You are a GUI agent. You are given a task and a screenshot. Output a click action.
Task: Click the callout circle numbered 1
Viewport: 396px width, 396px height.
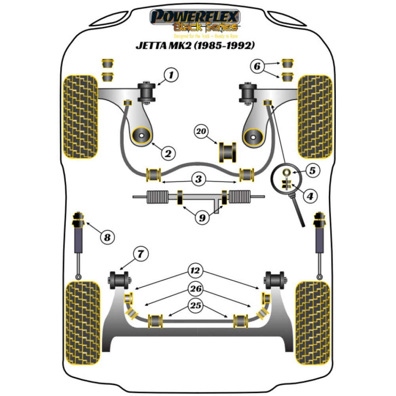[x=171, y=75]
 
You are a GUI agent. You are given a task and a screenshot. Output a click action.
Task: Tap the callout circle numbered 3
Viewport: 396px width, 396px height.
[x=199, y=179]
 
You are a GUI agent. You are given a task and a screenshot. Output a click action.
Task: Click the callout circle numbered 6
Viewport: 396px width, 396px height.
[x=257, y=67]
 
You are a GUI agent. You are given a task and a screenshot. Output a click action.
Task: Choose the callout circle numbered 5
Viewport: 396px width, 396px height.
[x=312, y=171]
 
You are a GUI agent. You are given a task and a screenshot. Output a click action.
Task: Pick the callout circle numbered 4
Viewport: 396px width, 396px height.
[x=310, y=195]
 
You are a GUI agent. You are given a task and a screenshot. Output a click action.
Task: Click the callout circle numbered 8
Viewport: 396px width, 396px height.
[x=107, y=238]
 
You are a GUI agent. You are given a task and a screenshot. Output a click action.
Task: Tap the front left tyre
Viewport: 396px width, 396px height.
[x=80, y=117]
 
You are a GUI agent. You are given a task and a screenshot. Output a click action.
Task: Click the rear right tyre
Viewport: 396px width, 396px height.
[x=313, y=323]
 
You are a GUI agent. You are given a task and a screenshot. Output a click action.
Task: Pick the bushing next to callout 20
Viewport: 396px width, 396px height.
[x=227, y=151]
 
